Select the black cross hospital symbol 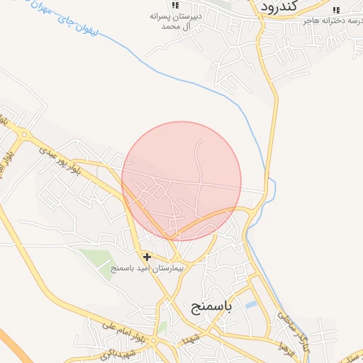tap(147, 257)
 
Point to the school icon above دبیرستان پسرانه tap(174, 5)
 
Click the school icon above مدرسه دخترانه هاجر tap(336, 9)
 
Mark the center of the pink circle tap(181, 181)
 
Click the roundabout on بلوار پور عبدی tap(24, 134)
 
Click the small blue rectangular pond tap(250, 305)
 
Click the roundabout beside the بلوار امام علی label tap(153, 341)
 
